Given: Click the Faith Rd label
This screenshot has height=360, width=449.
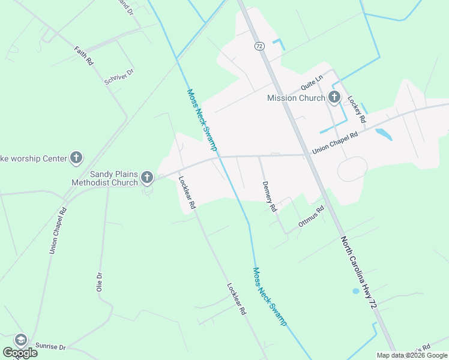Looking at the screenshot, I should [x=84, y=56].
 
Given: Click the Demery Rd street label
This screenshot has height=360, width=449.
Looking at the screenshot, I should [x=268, y=197].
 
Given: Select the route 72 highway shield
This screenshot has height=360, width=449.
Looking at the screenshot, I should [x=259, y=46].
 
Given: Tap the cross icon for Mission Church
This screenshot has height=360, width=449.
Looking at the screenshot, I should [x=334, y=97].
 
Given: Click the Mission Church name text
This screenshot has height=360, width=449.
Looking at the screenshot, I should [x=297, y=98].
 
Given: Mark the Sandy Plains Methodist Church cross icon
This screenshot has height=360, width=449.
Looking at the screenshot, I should [x=147, y=178].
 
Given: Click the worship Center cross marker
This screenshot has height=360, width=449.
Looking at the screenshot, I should [x=76, y=158].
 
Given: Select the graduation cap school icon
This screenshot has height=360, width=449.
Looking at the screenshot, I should [x=21, y=340].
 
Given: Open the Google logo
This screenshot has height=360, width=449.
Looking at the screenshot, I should [x=20, y=353].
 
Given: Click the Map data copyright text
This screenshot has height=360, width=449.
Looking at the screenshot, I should [x=412, y=355].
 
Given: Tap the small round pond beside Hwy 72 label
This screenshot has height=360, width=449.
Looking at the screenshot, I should [x=356, y=291].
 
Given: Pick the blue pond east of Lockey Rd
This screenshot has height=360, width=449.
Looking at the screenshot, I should [x=384, y=134].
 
